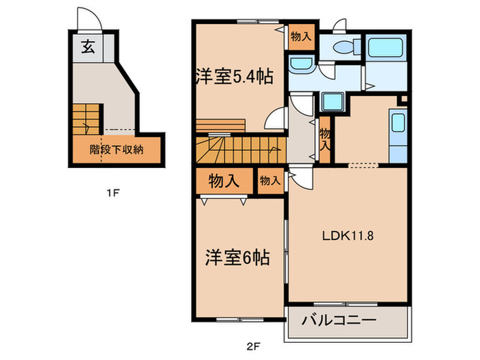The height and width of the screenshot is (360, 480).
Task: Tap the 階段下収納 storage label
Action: tap(116, 149)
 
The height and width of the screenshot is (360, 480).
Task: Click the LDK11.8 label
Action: tap(348, 237)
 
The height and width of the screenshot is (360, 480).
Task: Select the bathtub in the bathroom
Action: tap(387, 48)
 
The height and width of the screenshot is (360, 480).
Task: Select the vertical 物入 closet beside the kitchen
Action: tap(325, 140)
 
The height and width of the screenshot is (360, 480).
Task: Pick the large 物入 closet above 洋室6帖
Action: tap(224, 182)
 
